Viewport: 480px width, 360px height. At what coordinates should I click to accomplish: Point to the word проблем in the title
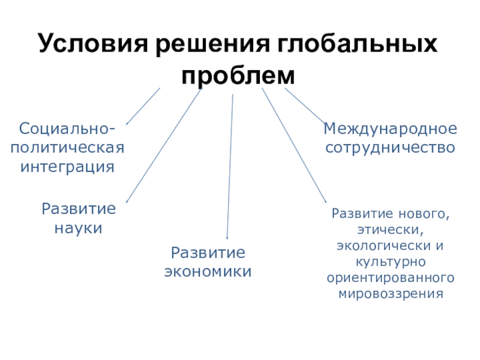click(239, 76)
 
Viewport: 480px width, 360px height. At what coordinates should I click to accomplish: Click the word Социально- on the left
click(68, 128)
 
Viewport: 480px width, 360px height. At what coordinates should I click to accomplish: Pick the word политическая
click(68, 147)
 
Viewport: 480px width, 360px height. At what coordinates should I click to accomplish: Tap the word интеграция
click(68, 166)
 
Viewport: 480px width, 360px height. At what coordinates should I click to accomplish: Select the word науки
click(78, 228)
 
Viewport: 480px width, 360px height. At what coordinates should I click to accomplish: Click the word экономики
click(208, 271)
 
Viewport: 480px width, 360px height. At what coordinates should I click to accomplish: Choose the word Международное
click(391, 128)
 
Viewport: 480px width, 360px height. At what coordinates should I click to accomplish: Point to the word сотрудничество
click(391, 147)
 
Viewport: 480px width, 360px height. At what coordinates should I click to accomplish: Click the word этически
click(391, 229)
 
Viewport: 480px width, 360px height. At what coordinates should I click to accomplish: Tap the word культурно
click(391, 262)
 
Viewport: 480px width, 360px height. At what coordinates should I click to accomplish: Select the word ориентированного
click(391, 278)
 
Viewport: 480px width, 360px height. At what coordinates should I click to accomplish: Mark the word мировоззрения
click(391, 295)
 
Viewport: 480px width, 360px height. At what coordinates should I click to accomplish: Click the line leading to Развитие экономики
click(230, 162)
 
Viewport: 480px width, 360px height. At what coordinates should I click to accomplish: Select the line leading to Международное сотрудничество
click(304, 106)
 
